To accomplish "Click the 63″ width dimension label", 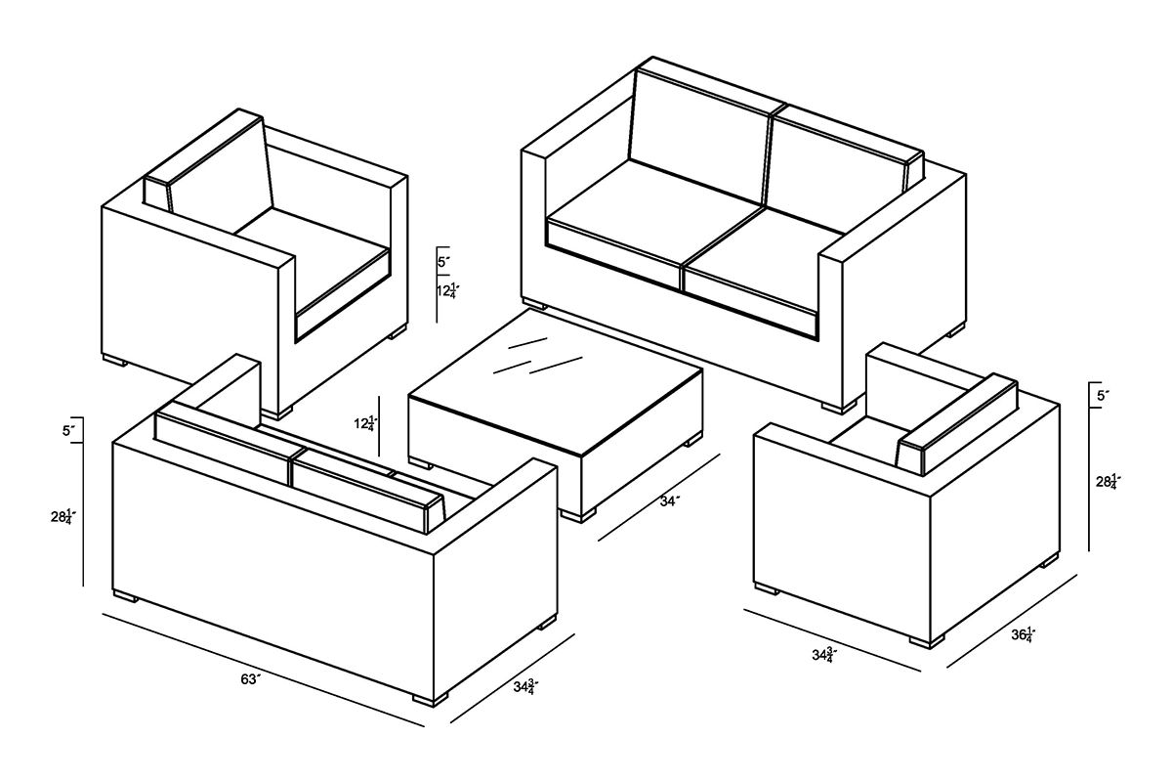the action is coord(250,679).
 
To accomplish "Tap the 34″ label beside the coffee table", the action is coord(670,501).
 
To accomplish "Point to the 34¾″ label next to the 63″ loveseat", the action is coord(525,686).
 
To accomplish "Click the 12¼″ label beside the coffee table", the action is coord(365,423).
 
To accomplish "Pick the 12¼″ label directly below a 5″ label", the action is coord(448,290).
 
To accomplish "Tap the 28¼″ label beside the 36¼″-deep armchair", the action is coord(1109,481).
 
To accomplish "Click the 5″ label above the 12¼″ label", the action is coord(444,261).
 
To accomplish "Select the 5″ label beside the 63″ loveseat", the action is coord(69,431).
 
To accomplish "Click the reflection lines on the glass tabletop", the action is coord(537,357).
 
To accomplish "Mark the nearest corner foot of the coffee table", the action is coord(577,515).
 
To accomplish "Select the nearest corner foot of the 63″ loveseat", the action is coord(430,700).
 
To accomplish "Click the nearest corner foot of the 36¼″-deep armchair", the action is coord(927,641).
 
